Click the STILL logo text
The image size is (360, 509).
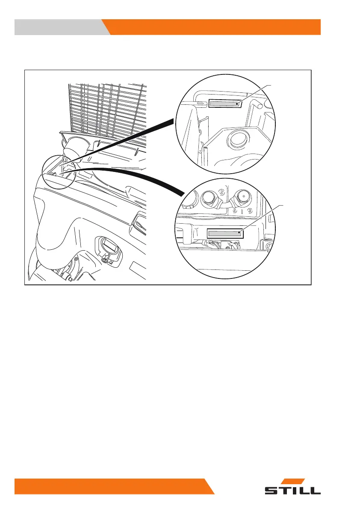point(292,490)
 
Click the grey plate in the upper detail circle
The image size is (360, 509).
point(223,104)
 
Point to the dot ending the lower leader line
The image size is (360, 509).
point(239,233)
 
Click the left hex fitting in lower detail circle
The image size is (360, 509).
point(209,198)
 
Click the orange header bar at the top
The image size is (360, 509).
point(214,27)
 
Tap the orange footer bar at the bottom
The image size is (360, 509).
point(111,486)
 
